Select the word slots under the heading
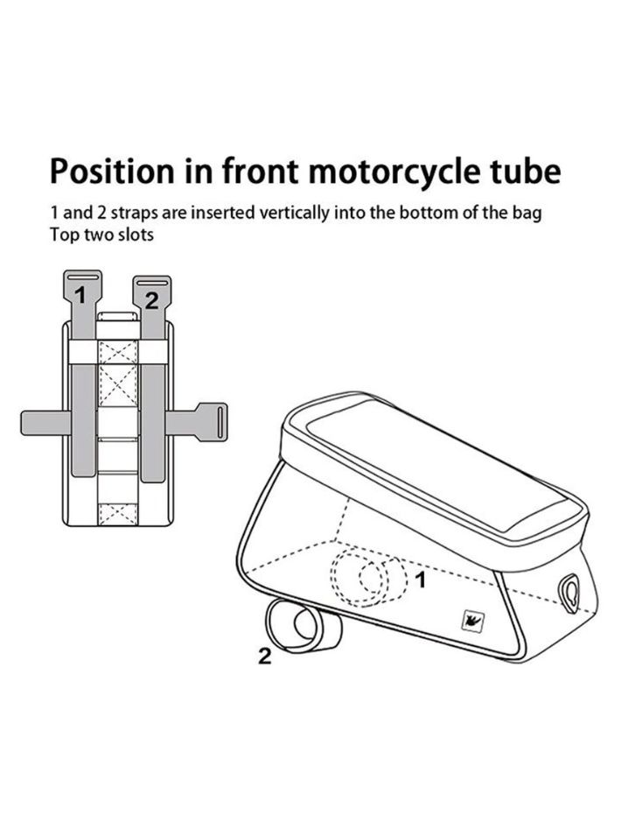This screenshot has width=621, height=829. (137, 235)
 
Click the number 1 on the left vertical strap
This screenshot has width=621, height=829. (80, 295)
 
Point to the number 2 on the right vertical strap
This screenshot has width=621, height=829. (151, 300)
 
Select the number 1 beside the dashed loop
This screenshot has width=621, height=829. (421, 578)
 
